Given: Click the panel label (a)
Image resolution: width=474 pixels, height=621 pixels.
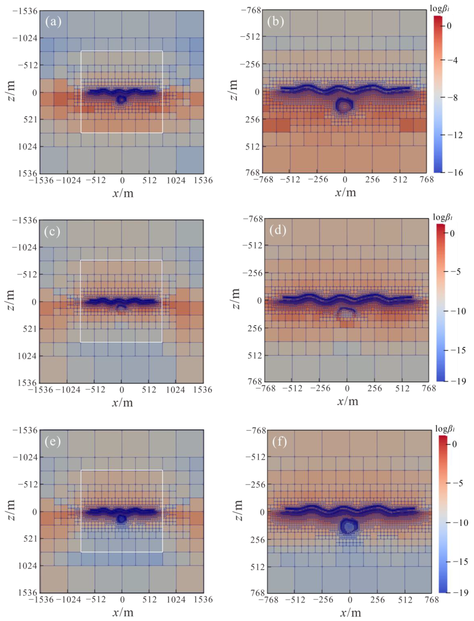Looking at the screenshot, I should (53, 22).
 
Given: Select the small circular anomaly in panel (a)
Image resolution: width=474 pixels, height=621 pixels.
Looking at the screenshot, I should (121, 99).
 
